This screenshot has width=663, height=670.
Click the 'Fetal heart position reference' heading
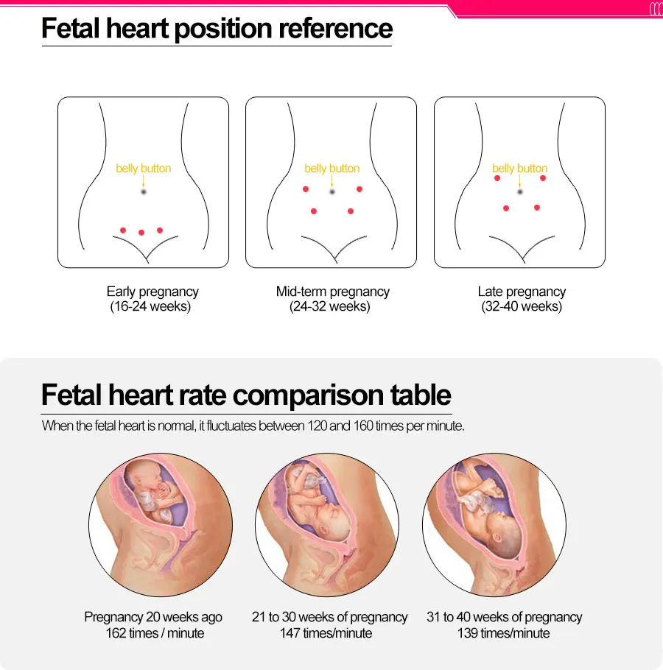(x=217, y=29)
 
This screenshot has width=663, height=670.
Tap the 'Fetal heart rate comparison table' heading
(x=246, y=395)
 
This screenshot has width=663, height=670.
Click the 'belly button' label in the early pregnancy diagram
(x=144, y=169)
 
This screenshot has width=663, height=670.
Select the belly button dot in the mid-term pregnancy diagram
(x=332, y=191)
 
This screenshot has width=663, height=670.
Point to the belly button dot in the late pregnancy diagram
(x=520, y=191)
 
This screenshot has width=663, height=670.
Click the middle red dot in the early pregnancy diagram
(x=141, y=233)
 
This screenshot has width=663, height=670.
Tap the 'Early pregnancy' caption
(x=152, y=292)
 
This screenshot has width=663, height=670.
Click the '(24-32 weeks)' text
(x=330, y=307)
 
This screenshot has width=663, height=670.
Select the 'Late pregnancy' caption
(x=522, y=292)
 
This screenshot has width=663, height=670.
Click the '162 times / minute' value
(x=155, y=633)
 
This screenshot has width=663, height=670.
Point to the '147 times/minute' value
(x=326, y=633)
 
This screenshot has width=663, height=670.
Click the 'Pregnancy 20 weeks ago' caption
(x=153, y=617)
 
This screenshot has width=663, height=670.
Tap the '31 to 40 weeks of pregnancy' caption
(x=505, y=617)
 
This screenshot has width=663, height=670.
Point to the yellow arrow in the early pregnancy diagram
(x=144, y=180)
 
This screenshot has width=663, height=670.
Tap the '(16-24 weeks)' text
(x=150, y=307)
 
